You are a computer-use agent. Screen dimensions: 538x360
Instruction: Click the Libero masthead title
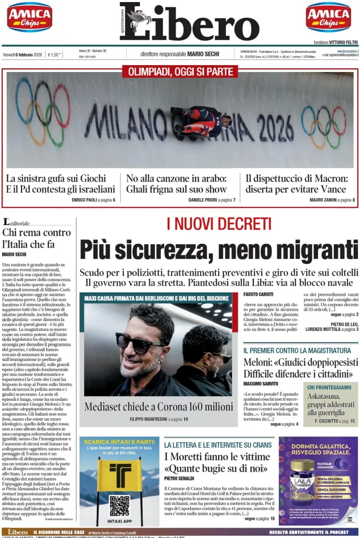tap(189, 22)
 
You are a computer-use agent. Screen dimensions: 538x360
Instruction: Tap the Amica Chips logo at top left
tap(29, 17)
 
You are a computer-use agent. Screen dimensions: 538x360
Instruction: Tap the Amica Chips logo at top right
tap(328, 17)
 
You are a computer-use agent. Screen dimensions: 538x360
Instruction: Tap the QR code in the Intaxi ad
tap(119, 505)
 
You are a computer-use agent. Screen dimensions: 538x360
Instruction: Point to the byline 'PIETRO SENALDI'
tap(179, 479)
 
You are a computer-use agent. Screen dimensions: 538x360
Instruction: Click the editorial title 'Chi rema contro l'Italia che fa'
tap(36, 238)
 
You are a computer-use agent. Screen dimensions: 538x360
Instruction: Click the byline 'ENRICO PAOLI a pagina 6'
tap(94, 200)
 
